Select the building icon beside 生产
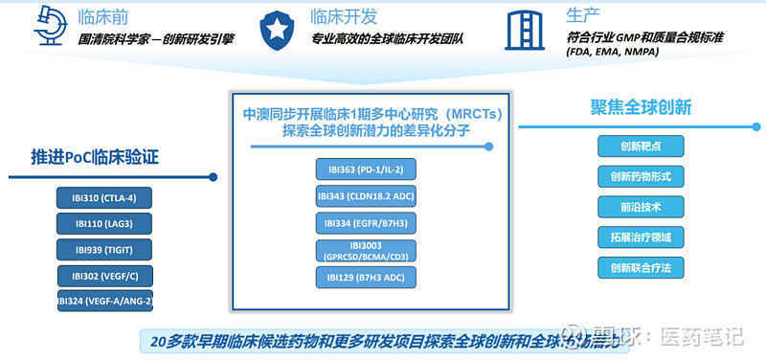coord(524,29)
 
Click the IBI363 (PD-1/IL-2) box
coord(366,169)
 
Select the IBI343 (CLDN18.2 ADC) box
coord(366,196)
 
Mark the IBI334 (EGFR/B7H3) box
coord(366,223)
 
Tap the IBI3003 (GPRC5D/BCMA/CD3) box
coord(366,251)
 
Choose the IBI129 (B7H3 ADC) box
coord(366,279)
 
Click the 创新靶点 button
coord(641,146)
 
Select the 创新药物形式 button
coord(641,176)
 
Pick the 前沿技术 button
coord(641,207)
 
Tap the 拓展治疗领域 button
coord(641,236)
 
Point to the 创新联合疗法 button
coord(641,267)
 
